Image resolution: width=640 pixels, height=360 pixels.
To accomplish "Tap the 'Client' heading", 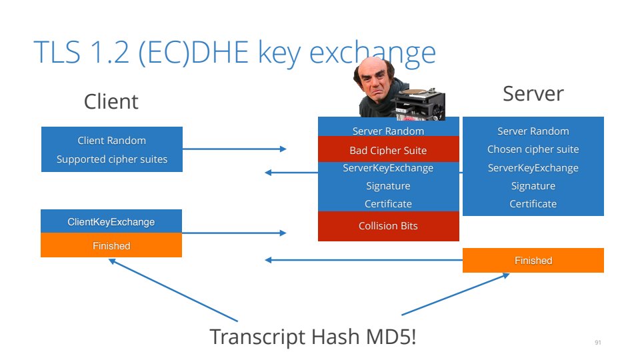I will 111,101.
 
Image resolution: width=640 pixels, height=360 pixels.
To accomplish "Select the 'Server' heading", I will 533,93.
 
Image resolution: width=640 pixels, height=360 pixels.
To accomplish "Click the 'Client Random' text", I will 111,141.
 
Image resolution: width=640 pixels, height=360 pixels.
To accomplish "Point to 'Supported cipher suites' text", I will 111,159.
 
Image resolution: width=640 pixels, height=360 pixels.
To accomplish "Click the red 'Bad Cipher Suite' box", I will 388,150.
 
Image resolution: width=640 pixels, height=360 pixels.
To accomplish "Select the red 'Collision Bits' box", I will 388,226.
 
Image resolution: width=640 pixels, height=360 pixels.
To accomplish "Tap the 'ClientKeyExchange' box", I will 111,222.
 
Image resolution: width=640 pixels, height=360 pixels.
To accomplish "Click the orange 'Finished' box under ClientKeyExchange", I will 111,246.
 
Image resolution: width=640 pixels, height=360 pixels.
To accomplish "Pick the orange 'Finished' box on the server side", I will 533,261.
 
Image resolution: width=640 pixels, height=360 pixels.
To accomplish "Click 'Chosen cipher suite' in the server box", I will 533,149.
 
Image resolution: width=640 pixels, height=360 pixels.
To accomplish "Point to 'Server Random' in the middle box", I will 388,131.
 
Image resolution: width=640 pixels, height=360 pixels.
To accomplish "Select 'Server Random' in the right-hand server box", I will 533,131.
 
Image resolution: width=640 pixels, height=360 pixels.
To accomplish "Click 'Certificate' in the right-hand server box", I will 533,204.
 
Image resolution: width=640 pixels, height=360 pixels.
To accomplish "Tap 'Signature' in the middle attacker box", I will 388,186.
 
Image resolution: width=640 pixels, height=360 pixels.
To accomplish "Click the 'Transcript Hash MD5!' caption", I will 313,337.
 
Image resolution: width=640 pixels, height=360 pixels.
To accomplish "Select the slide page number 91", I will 597,343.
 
